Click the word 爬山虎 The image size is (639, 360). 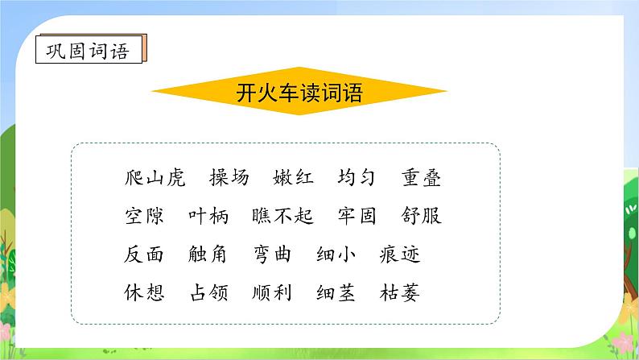pos(155,178)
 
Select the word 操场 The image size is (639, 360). pos(229,178)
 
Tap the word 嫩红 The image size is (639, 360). pos(294,178)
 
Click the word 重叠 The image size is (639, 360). pos(421,178)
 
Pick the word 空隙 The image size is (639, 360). pos(145,217)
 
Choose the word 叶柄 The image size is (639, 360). pos(208,217)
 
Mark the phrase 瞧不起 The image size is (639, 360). pos(282,217)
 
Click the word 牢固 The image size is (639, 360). pos(357,217)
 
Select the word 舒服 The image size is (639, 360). pos(421,217)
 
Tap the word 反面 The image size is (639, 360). pos(145,254)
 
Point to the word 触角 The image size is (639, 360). pos(208,254)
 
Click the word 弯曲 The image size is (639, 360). pos(272,254)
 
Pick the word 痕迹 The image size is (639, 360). pos(400,254)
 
